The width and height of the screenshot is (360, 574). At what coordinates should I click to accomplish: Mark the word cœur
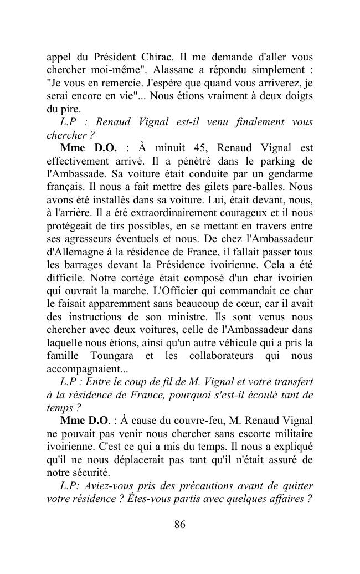pos(229,304)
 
